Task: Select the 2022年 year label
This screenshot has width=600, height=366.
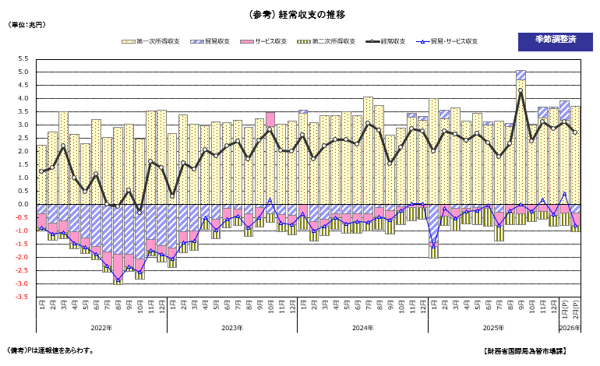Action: tap(101, 328)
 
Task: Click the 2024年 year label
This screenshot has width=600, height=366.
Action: tap(362, 328)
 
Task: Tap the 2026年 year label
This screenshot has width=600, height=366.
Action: tap(570, 328)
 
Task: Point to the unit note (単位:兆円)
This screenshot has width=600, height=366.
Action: tap(27, 26)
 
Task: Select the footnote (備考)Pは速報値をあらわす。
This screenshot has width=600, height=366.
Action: tap(51, 351)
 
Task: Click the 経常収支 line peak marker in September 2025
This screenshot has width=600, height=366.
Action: tap(520, 90)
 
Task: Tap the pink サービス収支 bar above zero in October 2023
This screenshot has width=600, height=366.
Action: tap(270, 118)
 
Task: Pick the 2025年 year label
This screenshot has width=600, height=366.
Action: tap(493, 328)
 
